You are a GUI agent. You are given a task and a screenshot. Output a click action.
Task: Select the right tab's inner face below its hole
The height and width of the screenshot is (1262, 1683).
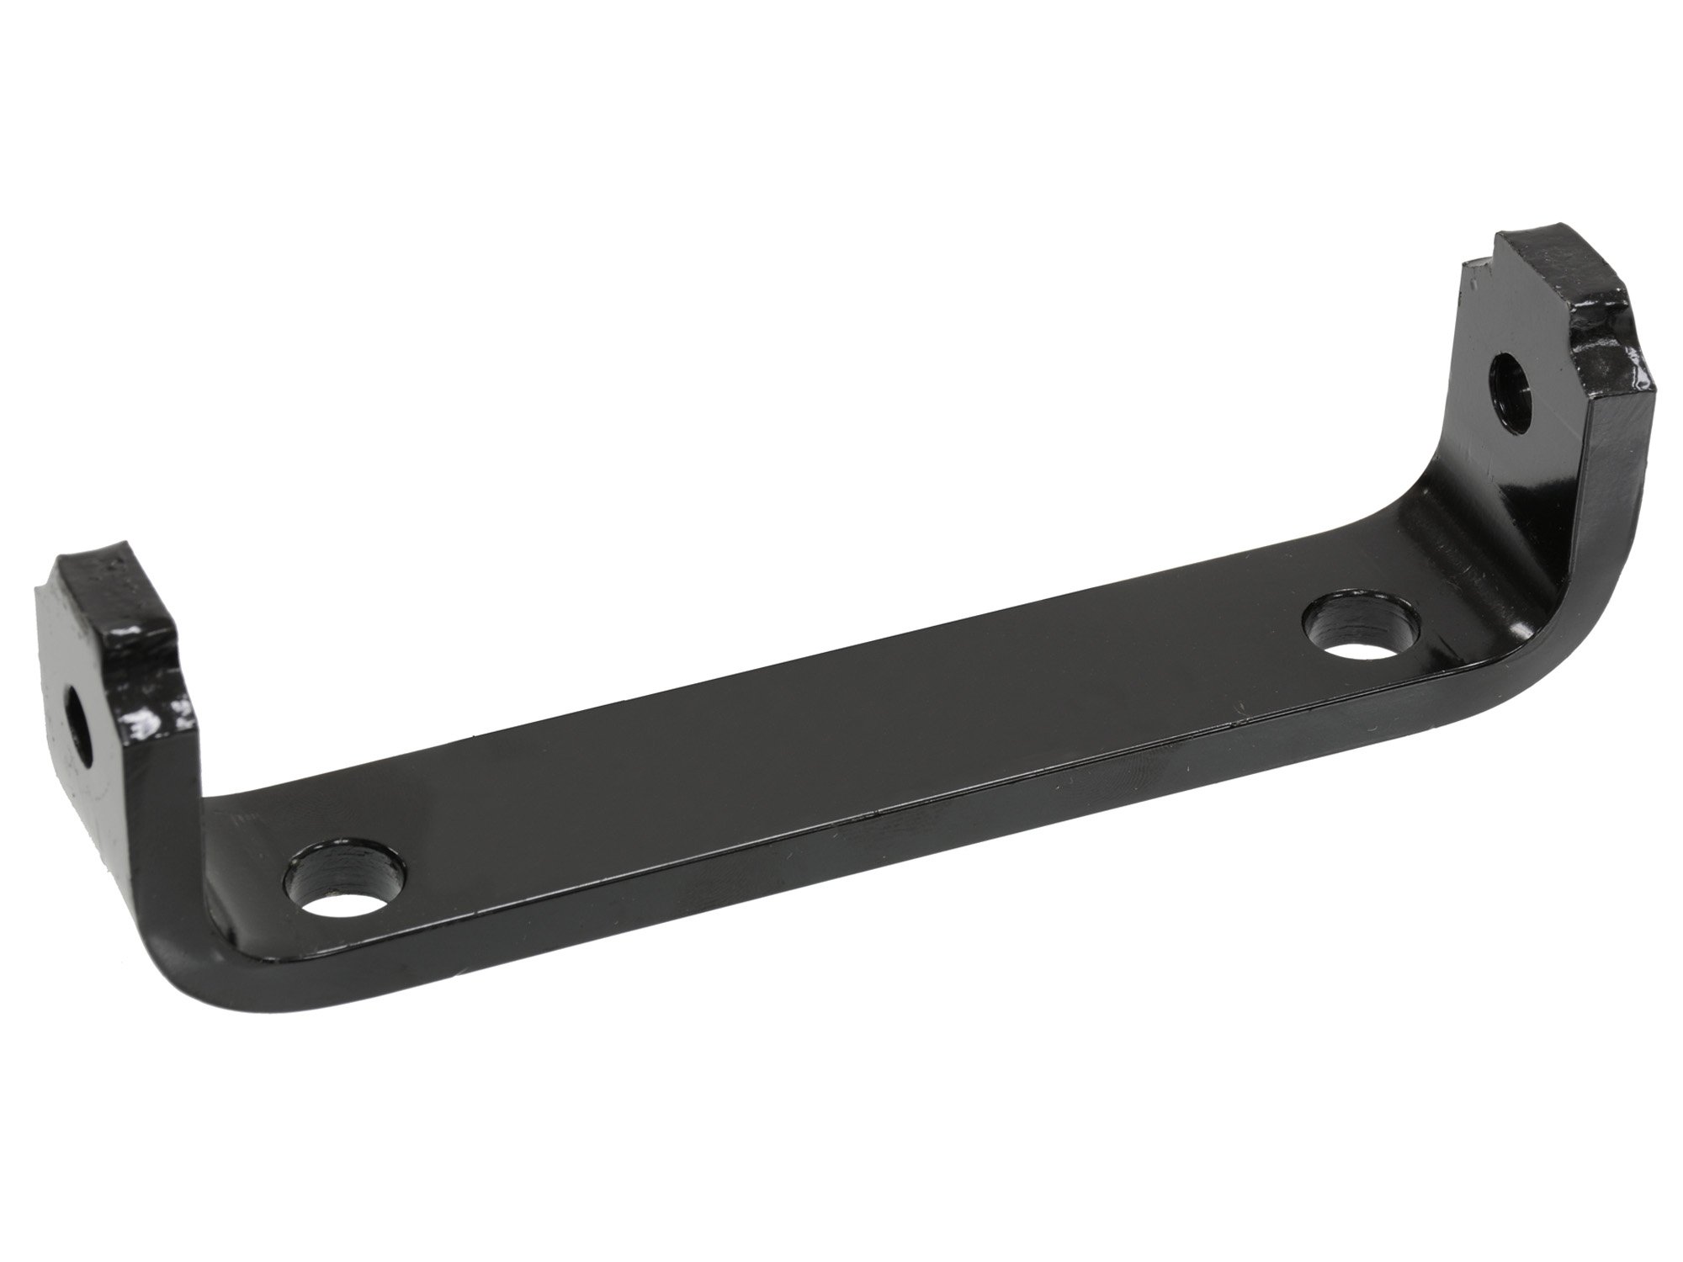click(x=1515, y=454)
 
